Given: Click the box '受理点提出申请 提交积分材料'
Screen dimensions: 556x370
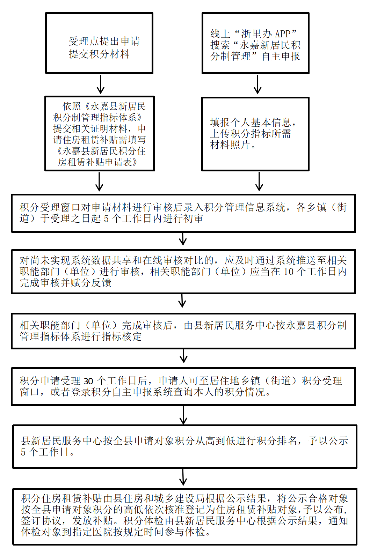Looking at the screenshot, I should click(99, 43).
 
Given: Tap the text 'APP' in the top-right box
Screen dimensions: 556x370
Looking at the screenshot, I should click(283, 34).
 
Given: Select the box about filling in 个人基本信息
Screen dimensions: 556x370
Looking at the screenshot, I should click(255, 134).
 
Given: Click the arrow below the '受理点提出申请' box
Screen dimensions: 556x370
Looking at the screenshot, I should click(101, 84).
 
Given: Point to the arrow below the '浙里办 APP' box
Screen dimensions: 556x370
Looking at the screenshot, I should click(257, 84).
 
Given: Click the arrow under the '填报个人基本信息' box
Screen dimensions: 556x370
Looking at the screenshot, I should click(259, 181).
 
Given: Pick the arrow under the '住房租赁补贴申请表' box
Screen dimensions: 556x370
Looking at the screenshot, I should click(99, 181).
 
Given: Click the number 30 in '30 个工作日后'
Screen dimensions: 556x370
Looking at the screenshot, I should click(88, 381).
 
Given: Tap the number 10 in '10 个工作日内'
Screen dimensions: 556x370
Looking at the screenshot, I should click(288, 272).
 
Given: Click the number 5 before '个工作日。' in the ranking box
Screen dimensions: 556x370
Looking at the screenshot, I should click(23, 452).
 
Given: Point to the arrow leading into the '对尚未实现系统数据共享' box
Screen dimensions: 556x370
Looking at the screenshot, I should click(183, 240).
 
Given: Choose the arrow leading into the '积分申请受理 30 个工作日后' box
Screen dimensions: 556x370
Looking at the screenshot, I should click(183, 357).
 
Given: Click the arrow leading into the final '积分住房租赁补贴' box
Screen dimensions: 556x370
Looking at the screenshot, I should click(183, 477).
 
